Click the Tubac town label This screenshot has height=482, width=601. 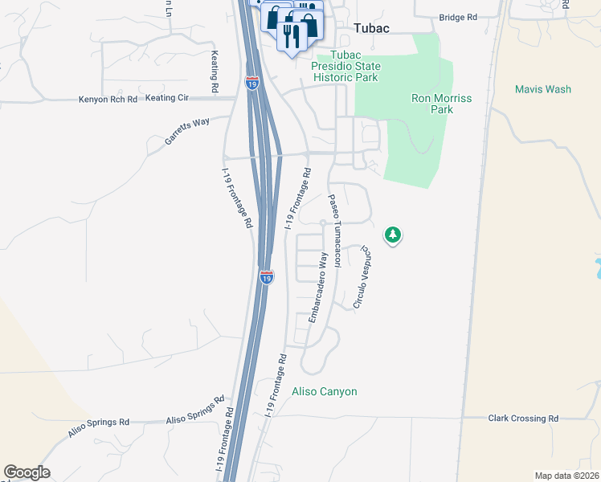[372, 28]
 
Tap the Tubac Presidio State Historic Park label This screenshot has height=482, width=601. [345, 66]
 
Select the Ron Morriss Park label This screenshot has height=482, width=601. [441, 104]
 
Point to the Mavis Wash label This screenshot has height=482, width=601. [543, 89]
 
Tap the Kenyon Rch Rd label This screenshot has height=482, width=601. [108, 100]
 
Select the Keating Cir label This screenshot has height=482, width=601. [167, 98]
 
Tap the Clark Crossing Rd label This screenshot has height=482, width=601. [523, 419]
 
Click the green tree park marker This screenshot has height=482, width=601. [393, 235]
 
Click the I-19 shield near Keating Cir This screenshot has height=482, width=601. [251, 82]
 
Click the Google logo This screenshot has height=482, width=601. [27, 472]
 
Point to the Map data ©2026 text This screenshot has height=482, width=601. [566, 476]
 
